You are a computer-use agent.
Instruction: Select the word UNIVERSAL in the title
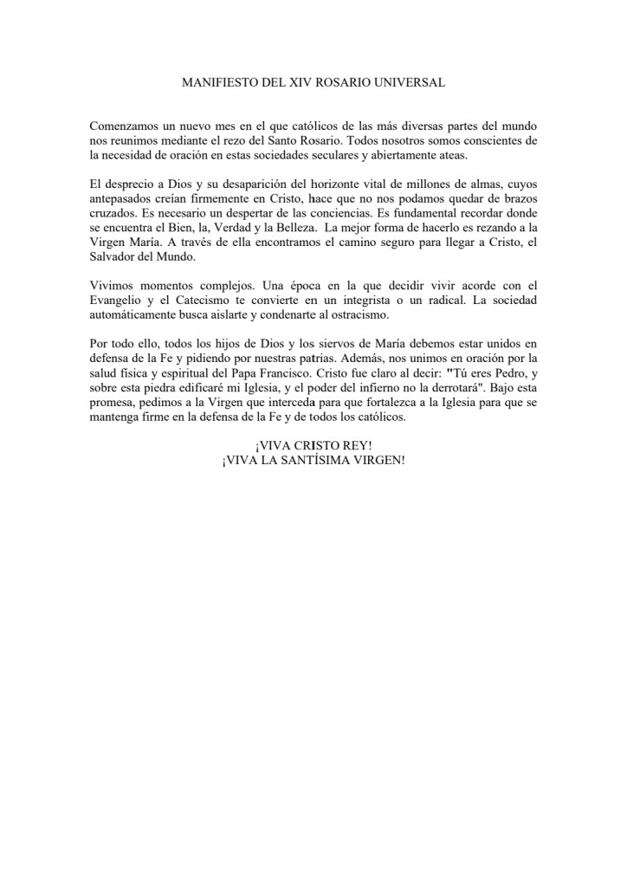pos(411,82)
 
